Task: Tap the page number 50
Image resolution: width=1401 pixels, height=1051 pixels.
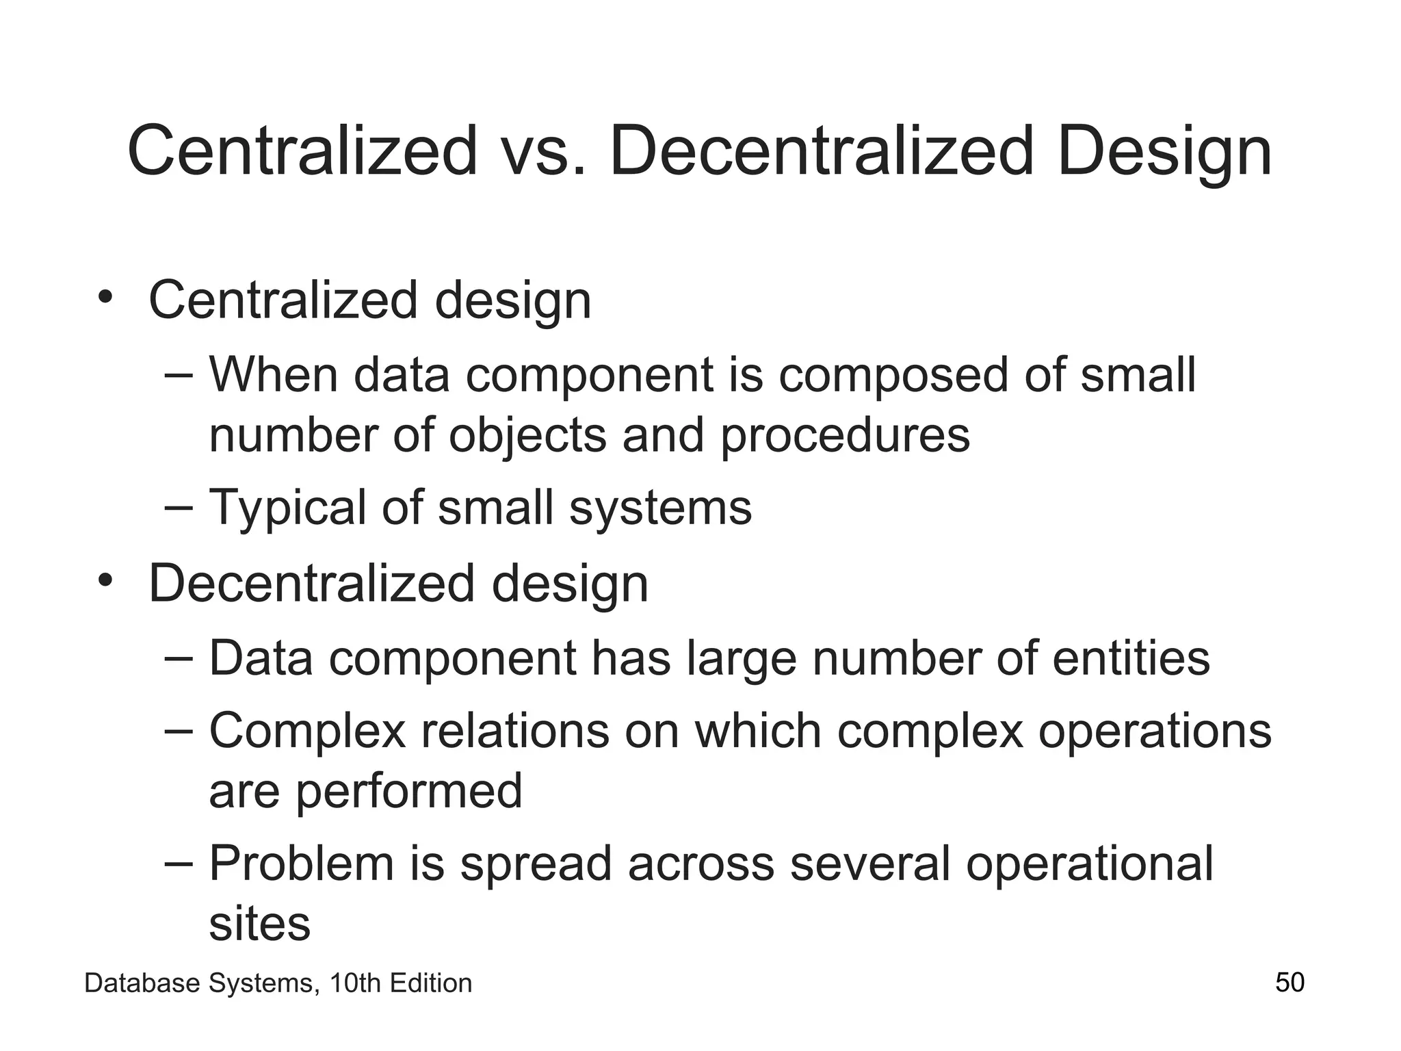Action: pyautogui.click(x=1289, y=983)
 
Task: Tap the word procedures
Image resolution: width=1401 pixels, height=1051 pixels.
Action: pyautogui.click(x=845, y=436)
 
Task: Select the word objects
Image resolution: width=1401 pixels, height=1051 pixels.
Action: pyautogui.click(x=527, y=436)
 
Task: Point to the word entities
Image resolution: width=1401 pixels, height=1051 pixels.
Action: pyautogui.click(x=1131, y=658)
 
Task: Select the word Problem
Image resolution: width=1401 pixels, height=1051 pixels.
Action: pyautogui.click(x=302, y=863)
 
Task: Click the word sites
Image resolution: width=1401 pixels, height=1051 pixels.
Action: pyautogui.click(x=259, y=923)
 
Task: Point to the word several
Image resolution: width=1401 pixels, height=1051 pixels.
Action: pyautogui.click(x=869, y=863)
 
